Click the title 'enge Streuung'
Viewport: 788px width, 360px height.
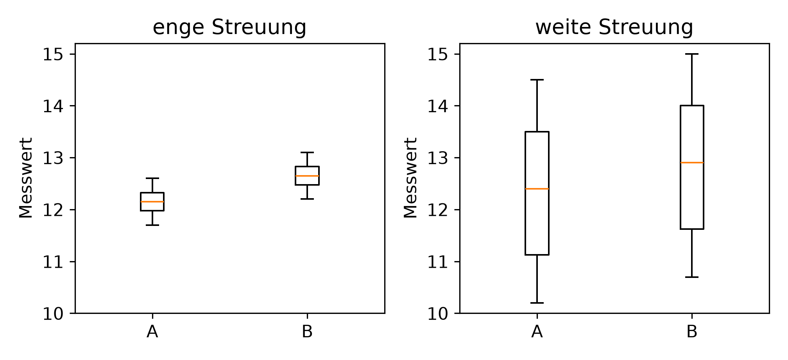coord(229,28)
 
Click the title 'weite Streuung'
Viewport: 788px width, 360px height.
coord(614,28)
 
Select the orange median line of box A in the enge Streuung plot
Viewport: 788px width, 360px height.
coord(152,202)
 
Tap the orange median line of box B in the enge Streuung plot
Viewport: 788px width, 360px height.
coord(307,176)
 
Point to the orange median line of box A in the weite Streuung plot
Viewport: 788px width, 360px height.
coord(537,189)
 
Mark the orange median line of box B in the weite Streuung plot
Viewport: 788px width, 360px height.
coord(692,163)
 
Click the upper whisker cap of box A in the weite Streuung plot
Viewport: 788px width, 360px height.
coord(537,80)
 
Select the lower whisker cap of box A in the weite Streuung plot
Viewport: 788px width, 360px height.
coord(537,303)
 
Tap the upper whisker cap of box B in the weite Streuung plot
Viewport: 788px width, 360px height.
coord(692,54)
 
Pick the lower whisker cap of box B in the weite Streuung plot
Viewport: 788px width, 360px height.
coord(692,277)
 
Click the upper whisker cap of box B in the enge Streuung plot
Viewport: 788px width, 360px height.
coord(307,152)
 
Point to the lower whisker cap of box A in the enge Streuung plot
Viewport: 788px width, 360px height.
coord(152,225)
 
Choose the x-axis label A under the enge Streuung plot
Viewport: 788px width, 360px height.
coord(152,332)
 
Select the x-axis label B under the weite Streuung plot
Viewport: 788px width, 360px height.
coord(692,332)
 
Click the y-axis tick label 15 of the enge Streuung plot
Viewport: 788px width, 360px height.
coord(53,54)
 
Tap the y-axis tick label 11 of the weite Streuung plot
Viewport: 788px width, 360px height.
coord(437,262)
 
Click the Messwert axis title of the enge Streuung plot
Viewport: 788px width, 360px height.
coord(26,178)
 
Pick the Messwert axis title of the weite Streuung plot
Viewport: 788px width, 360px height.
coord(410,178)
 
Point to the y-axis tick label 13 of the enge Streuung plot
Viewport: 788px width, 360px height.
coord(53,158)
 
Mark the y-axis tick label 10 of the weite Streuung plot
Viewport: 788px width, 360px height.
coord(437,314)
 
